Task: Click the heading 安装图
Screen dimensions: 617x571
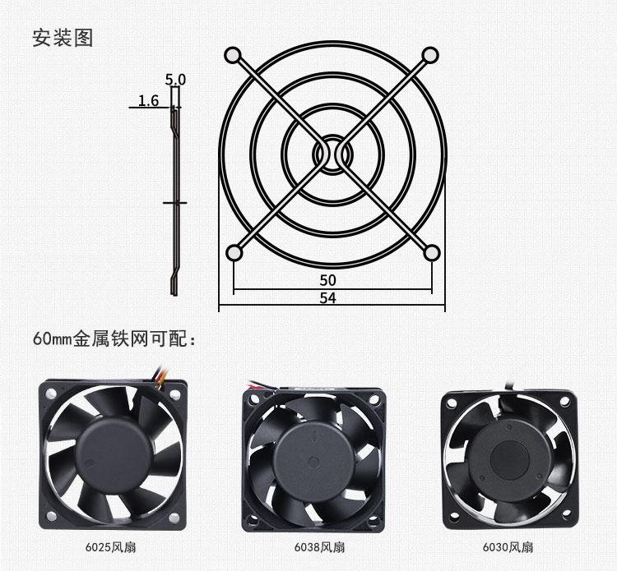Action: [x=63, y=38]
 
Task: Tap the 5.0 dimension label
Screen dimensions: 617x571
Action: [x=175, y=80]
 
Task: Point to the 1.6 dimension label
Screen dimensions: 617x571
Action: [x=148, y=100]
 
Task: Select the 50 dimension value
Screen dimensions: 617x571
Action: [x=327, y=280]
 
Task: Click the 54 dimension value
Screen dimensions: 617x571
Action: [x=327, y=298]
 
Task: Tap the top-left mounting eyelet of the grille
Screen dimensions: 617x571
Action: [x=233, y=55]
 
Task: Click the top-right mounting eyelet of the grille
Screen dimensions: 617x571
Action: [x=430, y=55]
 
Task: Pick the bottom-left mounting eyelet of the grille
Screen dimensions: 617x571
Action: [x=234, y=253]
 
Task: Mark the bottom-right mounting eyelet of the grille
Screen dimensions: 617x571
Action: [x=432, y=253]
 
